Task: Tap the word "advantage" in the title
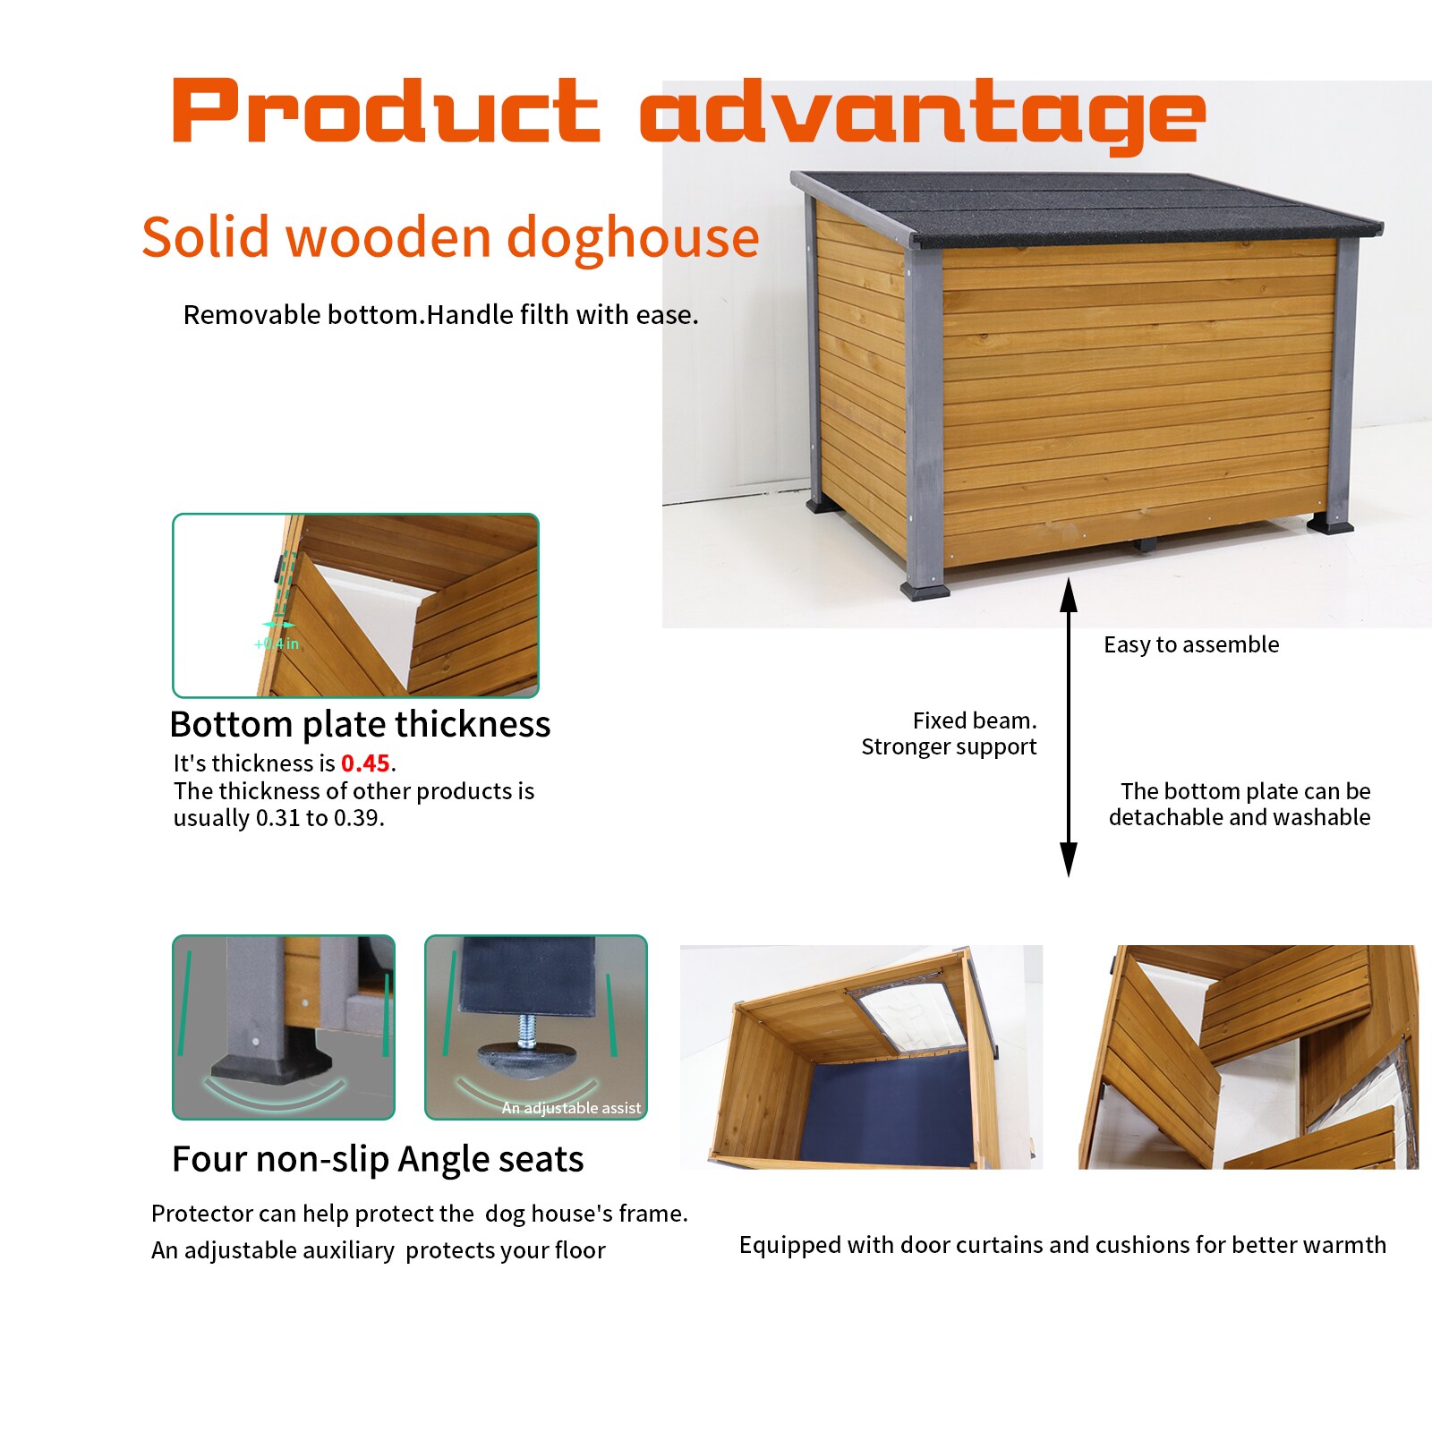pyautogui.click(x=922, y=115)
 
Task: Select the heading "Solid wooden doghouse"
pyautogui.click(x=450, y=237)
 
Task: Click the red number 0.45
pyautogui.click(x=365, y=763)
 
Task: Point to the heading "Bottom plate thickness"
pyautogui.click(x=360, y=724)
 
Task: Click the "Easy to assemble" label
pyautogui.click(x=1191, y=644)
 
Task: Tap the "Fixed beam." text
pyautogui.click(x=975, y=720)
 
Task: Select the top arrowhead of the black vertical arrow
pyautogui.click(x=1068, y=594)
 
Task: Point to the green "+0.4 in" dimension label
pyautogui.click(x=277, y=644)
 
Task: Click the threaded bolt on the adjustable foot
pyautogui.click(x=527, y=1031)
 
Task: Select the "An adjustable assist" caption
pyautogui.click(x=571, y=1108)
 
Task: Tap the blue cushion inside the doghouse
pyautogui.click(x=886, y=1110)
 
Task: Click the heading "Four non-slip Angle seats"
pyautogui.click(x=378, y=1159)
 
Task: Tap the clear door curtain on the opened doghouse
pyautogui.click(x=908, y=1011)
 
